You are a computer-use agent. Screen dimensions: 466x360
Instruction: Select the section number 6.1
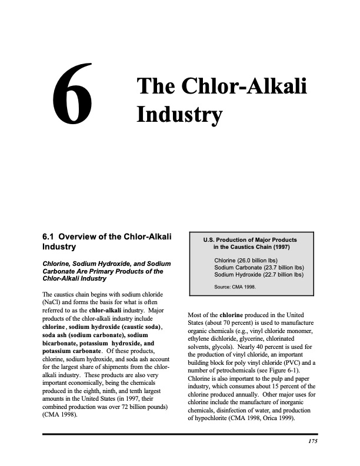click(51, 237)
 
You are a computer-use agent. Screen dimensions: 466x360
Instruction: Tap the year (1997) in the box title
click(276, 247)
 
